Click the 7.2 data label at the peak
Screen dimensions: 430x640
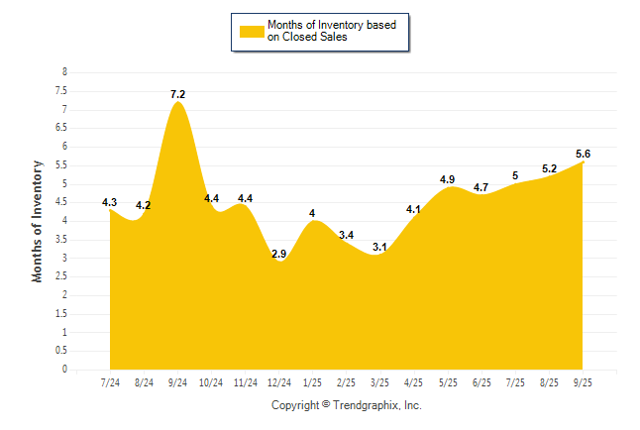coord(177,94)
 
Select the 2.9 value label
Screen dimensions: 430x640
coord(279,255)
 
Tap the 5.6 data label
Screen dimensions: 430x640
coord(583,154)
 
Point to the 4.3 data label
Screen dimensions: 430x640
coord(110,202)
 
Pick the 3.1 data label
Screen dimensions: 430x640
coord(380,247)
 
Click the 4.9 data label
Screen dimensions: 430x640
coord(448,179)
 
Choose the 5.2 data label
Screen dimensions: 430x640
coord(549,168)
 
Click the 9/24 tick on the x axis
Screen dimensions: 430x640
coord(177,382)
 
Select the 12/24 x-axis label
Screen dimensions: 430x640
coord(279,382)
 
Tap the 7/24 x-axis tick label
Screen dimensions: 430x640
coord(110,382)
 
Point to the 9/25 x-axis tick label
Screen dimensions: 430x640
coord(583,382)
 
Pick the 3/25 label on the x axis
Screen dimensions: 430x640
coord(380,382)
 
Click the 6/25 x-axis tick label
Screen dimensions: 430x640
coord(481,382)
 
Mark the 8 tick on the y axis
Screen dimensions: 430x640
coord(64,72)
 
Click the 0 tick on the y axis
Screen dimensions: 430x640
coord(64,370)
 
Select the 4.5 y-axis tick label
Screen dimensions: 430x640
coord(61,202)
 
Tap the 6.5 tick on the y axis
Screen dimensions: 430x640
coord(61,128)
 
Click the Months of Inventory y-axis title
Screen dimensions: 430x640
coord(38,221)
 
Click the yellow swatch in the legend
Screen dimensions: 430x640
coord(251,31)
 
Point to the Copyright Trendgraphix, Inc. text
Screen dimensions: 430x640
coord(347,405)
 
